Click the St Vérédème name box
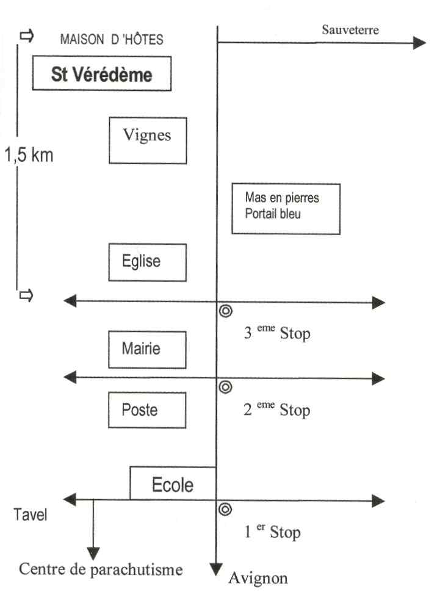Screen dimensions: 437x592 coord(101,73)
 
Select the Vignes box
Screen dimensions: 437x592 coord(148,140)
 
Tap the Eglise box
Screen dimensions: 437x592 coord(147,262)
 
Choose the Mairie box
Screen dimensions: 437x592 coord(147,350)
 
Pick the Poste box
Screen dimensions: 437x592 coord(147,410)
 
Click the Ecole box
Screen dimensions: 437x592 coord(173,483)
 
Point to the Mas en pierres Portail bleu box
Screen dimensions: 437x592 coord(286,209)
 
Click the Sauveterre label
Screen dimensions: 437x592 coord(350,30)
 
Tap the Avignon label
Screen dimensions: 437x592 coord(258,578)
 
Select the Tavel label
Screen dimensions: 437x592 coord(31,514)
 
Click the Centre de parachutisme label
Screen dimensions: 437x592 coord(101,569)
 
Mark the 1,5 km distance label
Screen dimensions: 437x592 coord(29,155)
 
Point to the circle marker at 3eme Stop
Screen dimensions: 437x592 coord(225,311)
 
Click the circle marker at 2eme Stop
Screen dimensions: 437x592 coord(225,387)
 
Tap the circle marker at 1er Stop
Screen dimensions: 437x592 coord(225,510)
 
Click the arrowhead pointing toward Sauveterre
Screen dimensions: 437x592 coord(419,43)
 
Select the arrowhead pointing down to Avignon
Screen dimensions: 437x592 coord(215,569)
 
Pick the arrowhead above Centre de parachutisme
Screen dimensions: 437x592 coord(93,554)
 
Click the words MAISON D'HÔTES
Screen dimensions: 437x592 coord(112,39)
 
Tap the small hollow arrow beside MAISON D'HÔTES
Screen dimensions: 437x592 coord(27,36)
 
